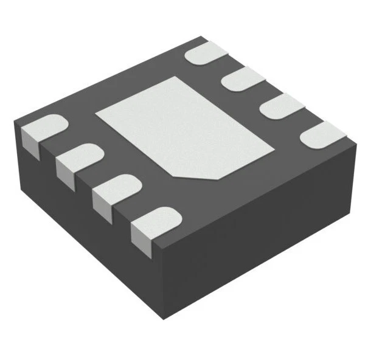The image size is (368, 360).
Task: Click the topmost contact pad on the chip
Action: [204, 53]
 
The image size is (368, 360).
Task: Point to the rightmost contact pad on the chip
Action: [324, 134]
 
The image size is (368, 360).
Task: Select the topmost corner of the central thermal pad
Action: [176, 77]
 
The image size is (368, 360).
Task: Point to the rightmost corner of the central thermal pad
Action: [273, 146]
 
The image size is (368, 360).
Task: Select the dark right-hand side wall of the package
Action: [262, 243]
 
